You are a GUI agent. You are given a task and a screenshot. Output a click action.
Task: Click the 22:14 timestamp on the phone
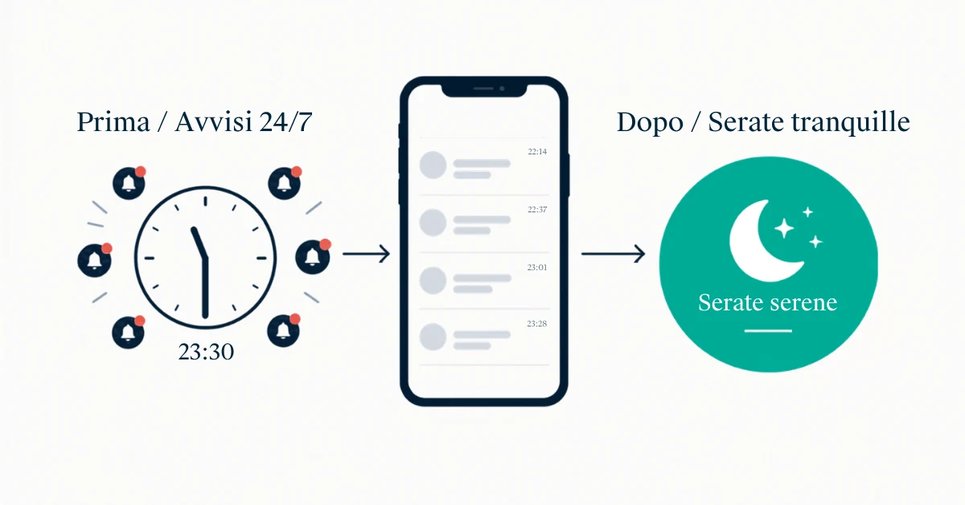tap(537, 152)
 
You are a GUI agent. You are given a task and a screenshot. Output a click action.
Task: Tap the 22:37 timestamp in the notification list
tap(537, 209)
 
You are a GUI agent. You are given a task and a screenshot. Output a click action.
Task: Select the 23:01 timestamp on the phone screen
tap(537, 267)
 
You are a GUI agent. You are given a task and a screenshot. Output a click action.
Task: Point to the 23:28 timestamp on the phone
tap(537, 323)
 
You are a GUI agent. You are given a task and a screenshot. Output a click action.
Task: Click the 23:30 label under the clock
tap(206, 351)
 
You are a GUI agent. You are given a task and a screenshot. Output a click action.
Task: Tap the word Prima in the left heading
tap(113, 122)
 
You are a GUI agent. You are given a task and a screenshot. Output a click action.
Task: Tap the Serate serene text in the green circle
tap(768, 302)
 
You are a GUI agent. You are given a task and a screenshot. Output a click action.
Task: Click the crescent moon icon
tap(762, 241)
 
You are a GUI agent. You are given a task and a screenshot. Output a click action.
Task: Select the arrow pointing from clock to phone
tap(366, 254)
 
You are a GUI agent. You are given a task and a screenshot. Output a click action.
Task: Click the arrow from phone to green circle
tap(613, 254)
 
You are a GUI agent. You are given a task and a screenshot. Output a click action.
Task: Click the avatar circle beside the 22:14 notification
tap(433, 165)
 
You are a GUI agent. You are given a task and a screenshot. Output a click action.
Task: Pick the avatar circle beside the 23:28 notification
tap(433, 336)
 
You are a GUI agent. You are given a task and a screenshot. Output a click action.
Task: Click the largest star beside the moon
tap(784, 228)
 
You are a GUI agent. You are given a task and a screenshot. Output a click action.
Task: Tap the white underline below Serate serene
tap(768, 331)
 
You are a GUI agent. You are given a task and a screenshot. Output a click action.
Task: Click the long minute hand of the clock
tap(206, 287)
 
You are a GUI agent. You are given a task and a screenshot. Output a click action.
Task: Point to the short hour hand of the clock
tap(199, 243)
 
